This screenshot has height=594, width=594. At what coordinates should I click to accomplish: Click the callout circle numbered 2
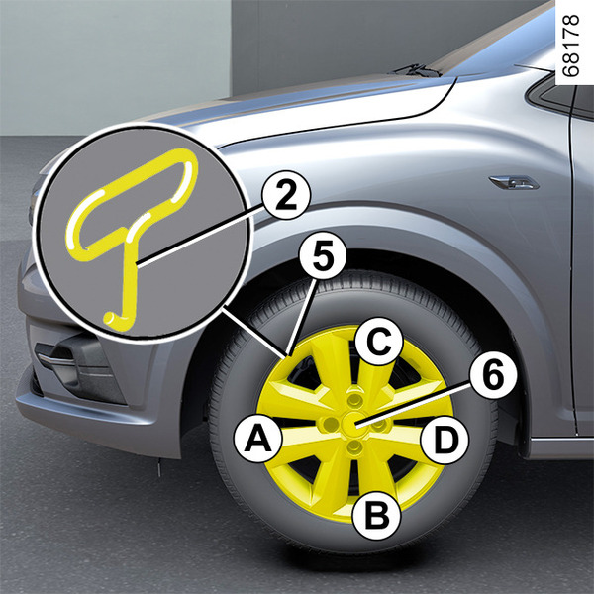(286, 195)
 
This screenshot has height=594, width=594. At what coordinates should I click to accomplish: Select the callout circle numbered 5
(323, 255)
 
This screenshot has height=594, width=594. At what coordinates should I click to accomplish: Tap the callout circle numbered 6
(493, 375)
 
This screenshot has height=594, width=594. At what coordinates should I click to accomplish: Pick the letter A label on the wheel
(258, 439)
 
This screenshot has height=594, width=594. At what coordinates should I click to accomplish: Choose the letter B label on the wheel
(376, 514)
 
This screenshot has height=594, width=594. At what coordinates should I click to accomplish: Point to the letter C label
(379, 342)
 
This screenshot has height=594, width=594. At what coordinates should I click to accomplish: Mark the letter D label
(445, 441)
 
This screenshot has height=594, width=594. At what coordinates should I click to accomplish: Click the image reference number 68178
(571, 46)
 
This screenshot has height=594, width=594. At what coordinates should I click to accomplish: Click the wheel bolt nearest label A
(330, 424)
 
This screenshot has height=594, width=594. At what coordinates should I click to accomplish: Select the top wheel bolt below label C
(354, 399)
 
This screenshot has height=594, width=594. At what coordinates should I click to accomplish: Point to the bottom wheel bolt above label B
(354, 447)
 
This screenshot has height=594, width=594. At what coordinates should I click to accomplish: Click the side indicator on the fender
(514, 182)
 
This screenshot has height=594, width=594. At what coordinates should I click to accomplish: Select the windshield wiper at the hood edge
(417, 70)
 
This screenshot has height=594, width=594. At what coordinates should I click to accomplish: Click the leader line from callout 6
(414, 404)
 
